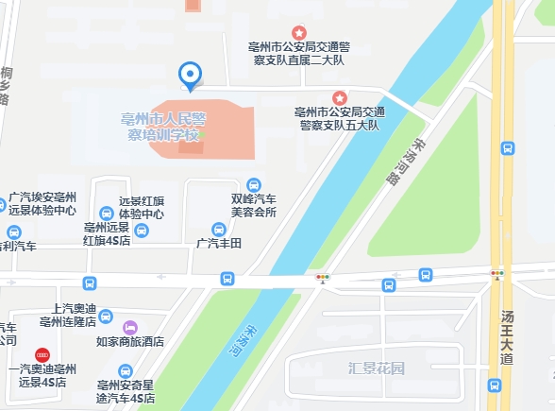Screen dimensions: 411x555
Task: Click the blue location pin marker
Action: [191, 75]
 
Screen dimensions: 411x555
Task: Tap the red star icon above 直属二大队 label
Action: [298, 33]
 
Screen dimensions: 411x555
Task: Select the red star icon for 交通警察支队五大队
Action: [340, 97]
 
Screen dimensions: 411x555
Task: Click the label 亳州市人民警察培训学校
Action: [164, 127]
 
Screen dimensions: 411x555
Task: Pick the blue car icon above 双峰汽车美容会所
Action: [253, 184]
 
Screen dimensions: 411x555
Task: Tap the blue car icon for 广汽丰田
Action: [219, 229]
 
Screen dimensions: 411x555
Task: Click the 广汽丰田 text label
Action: [219, 244]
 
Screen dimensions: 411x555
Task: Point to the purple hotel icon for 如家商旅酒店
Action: [130, 327]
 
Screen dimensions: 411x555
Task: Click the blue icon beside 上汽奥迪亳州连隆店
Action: [106, 315]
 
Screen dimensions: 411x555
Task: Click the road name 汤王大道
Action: [508, 337]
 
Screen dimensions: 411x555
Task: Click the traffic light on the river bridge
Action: [323, 278]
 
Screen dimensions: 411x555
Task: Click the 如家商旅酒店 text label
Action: [130, 342]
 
